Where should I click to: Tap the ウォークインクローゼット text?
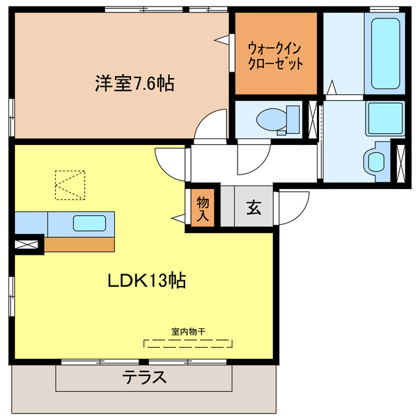[276, 56]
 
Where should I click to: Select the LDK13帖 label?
[147, 281]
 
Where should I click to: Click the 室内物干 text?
[188, 331]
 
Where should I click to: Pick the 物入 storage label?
[203, 207]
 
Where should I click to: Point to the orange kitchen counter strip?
[79, 243]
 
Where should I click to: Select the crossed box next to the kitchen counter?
[27, 245]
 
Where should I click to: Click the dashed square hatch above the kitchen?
[70, 184]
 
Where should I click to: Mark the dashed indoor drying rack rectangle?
[188, 343]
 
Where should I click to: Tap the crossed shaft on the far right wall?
[398, 161]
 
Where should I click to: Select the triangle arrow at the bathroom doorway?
[332, 86]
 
